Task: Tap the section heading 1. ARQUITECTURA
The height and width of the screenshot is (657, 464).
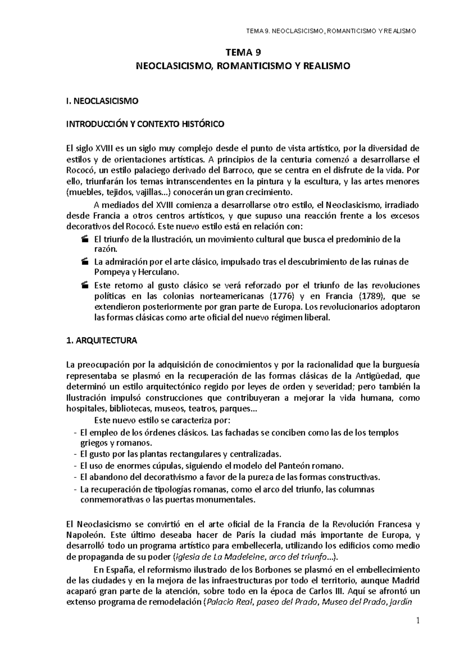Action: click(102, 341)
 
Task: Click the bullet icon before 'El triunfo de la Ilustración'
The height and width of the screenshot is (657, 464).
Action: click(85, 240)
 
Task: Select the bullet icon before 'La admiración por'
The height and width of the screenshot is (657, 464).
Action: click(85, 262)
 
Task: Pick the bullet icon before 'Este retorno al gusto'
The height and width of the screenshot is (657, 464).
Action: click(85, 286)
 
